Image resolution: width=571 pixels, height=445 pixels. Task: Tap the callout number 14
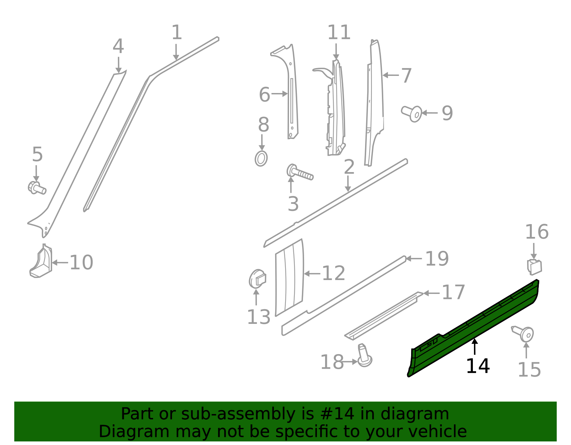coord(477,366)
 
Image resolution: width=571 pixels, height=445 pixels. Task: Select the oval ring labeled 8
coord(261,159)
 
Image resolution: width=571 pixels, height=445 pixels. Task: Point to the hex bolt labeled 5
coord(36,188)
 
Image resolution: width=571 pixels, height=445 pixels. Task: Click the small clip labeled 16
coord(534,267)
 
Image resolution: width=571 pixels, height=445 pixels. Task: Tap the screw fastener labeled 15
coord(524,333)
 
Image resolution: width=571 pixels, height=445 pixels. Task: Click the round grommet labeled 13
coord(257,279)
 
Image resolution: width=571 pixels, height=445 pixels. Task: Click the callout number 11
coord(339,33)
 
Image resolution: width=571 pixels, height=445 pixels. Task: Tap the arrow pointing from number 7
coord(391,75)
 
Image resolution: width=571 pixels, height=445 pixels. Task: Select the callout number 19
coord(437,259)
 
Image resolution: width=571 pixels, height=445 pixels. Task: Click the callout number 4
coord(118,47)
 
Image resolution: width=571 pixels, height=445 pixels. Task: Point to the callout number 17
coord(453,293)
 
